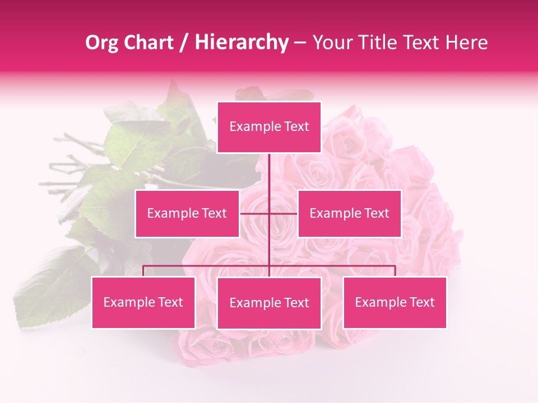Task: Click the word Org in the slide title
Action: point(102,43)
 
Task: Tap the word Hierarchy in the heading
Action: point(241,43)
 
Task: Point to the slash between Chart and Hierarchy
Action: point(184,43)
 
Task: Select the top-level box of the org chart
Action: point(269,127)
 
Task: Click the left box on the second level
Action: point(187,213)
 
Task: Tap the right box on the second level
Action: point(349,213)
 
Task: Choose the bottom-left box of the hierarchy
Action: point(143,302)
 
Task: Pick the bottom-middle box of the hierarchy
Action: point(269,303)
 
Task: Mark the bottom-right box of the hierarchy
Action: point(395,302)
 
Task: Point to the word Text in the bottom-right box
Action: point(421,302)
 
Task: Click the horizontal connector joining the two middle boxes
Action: point(255,213)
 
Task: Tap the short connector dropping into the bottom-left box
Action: point(143,271)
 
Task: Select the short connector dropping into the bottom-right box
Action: point(395,271)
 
